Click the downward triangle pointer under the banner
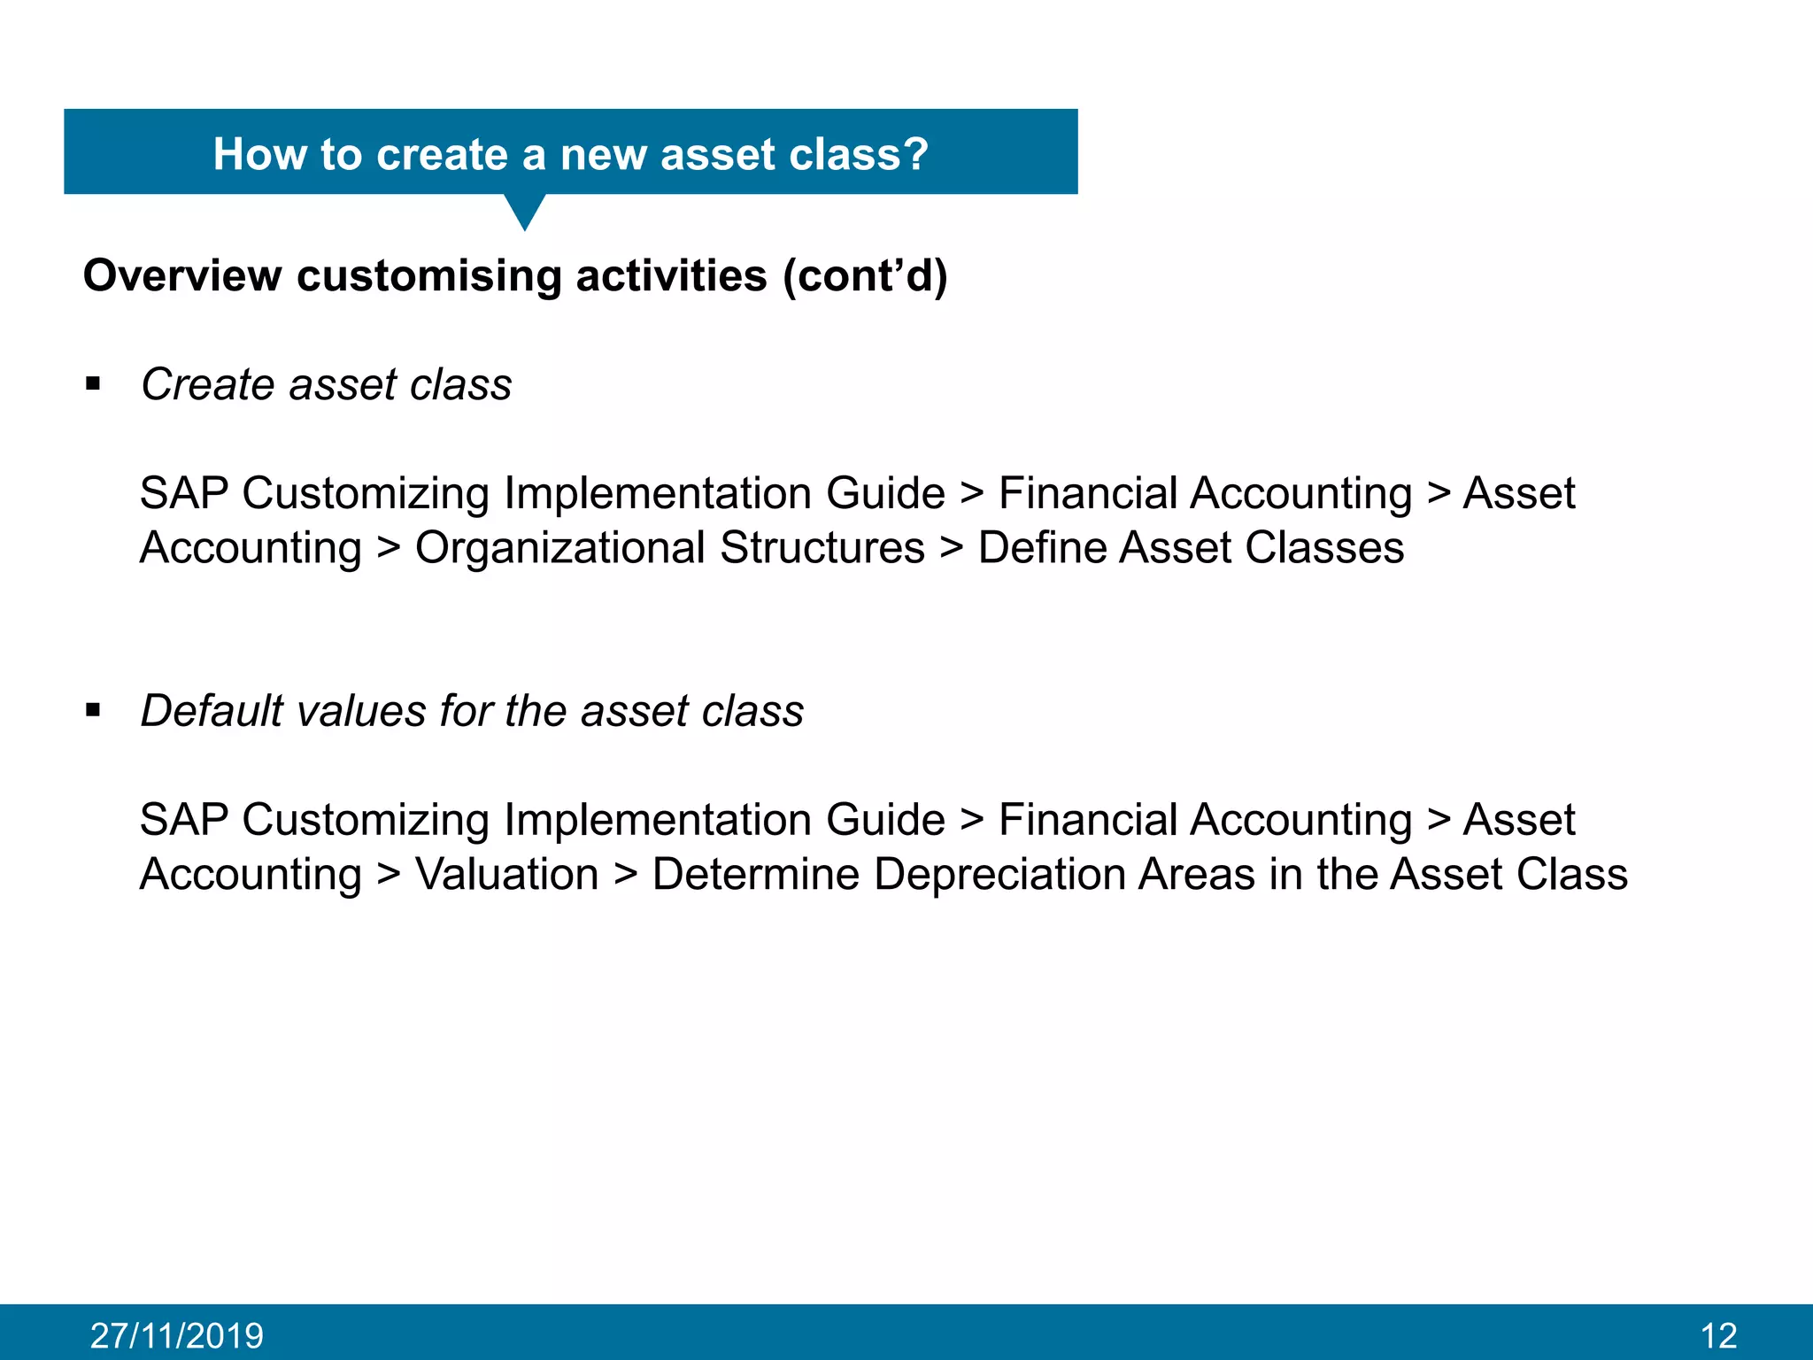[x=525, y=212]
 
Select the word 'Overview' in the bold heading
[x=182, y=275]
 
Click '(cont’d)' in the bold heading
[x=865, y=275]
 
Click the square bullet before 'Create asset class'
[x=93, y=384]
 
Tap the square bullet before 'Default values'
[x=93, y=710]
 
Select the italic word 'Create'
[x=208, y=384]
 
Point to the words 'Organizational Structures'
[x=669, y=547]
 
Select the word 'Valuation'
[x=507, y=874]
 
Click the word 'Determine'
[x=755, y=874]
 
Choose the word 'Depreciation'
[x=999, y=874]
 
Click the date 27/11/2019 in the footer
[x=177, y=1335]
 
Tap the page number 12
[x=1718, y=1335]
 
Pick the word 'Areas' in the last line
[x=1197, y=874]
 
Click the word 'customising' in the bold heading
[x=429, y=275]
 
